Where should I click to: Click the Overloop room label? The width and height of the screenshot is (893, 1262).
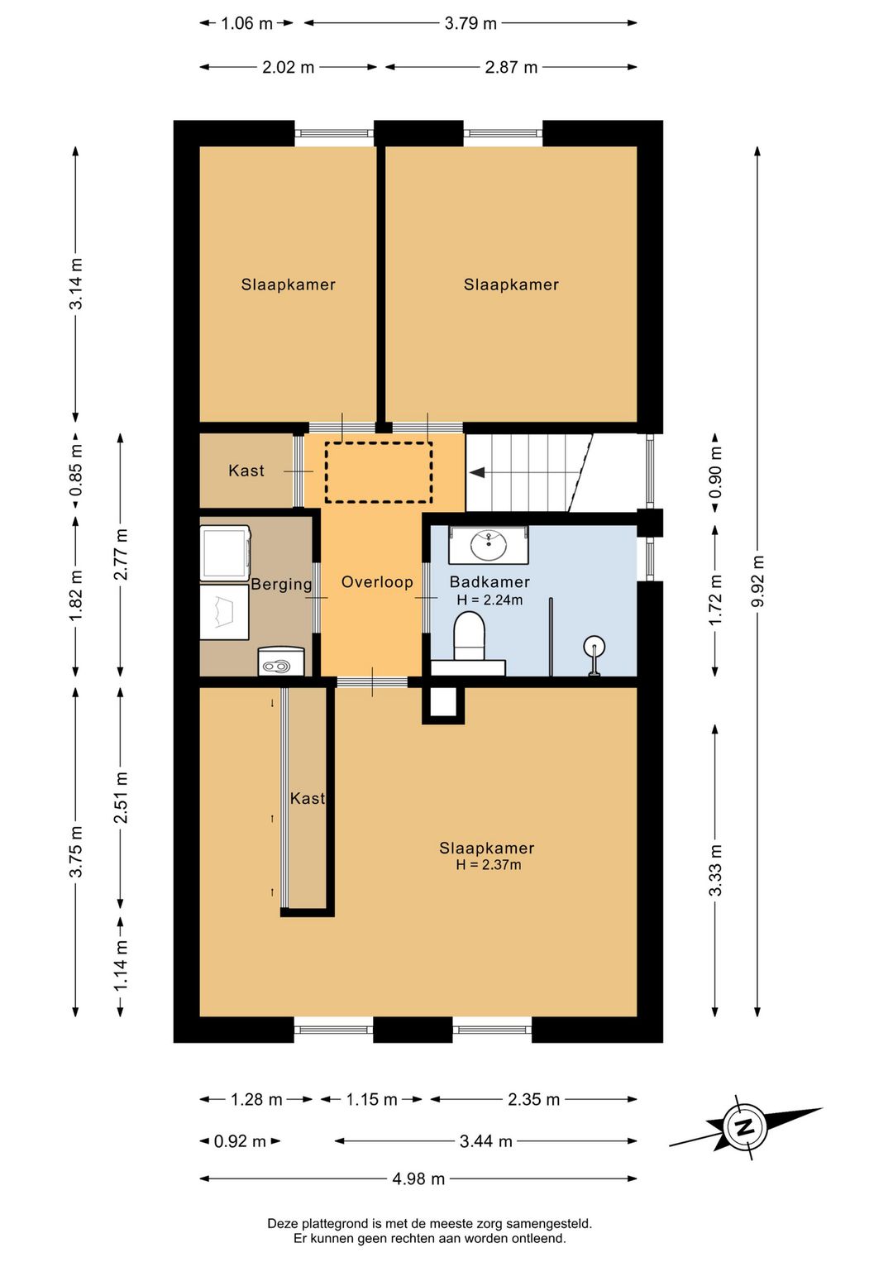[377, 581]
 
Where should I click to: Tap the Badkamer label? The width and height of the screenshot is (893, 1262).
[489, 581]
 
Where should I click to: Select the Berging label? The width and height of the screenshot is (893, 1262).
[281, 584]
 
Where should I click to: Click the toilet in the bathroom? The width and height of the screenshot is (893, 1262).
[470, 636]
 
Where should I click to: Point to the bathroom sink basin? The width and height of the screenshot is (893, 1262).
[489, 545]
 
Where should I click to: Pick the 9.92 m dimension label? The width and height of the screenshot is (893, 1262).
[758, 581]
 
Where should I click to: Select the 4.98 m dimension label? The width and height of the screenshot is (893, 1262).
[418, 1178]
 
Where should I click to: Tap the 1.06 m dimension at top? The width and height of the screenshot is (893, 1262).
[246, 23]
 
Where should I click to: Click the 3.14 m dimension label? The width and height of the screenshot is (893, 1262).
[76, 284]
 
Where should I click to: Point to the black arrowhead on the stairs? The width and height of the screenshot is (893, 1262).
[477, 472]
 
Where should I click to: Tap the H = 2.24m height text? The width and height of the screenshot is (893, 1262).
[489, 600]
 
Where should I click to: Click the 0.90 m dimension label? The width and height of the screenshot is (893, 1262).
[716, 472]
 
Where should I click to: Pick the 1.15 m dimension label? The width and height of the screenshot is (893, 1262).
[372, 1099]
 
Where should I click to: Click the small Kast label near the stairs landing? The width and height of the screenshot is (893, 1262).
[246, 471]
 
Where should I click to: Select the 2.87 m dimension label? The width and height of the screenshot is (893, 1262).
[511, 68]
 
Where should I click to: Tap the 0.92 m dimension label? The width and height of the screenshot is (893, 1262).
[240, 1141]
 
